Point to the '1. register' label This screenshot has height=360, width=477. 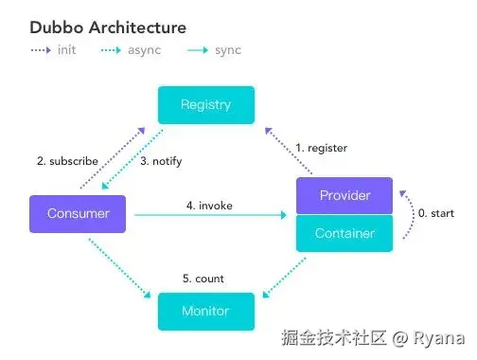click(x=322, y=148)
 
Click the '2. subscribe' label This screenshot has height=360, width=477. click(x=67, y=161)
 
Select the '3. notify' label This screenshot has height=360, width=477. click(x=161, y=161)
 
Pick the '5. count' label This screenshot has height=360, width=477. click(x=203, y=279)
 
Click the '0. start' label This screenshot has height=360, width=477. click(x=435, y=213)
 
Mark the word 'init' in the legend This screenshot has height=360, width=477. click(x=66, y=49)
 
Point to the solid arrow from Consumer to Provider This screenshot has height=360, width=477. click(x=208, y=216)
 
